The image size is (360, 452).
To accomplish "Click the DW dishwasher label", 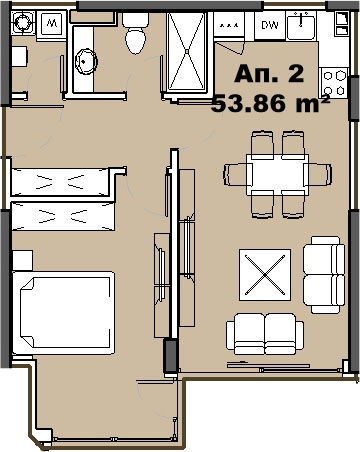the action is (270, 25).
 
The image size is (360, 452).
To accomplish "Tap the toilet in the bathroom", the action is (135, 34).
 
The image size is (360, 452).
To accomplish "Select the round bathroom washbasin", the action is (86, 61).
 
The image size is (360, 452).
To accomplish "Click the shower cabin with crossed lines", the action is (187, 51).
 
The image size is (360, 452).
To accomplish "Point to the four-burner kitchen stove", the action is (334, 82).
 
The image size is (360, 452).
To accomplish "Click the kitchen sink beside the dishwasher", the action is (301, 26).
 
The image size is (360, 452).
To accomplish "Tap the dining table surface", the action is (277, 175).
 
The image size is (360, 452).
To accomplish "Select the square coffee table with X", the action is (265, 275).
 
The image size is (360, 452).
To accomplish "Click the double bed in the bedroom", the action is (64, 313).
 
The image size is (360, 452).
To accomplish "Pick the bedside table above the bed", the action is (22, 260).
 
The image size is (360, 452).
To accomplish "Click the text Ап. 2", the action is (269, 74).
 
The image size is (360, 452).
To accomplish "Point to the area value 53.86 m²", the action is (270, 103).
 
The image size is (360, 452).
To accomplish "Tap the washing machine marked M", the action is (52, 24).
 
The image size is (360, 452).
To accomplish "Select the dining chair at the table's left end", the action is (237, 174).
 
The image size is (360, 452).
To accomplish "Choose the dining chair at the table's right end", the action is (318, 174).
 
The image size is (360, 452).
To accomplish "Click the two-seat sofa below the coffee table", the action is (265, 334).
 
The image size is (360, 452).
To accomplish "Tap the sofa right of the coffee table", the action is (324, 275).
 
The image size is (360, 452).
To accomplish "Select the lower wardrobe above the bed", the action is (63, 216).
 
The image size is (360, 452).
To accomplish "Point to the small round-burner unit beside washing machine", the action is (23, 22).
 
